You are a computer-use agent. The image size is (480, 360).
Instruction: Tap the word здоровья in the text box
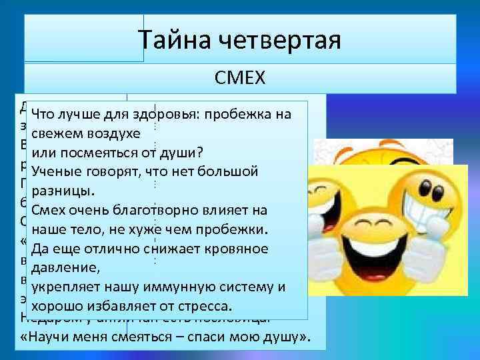tap(171, 114)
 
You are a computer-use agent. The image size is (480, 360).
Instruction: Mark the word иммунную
tap(194, 287)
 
